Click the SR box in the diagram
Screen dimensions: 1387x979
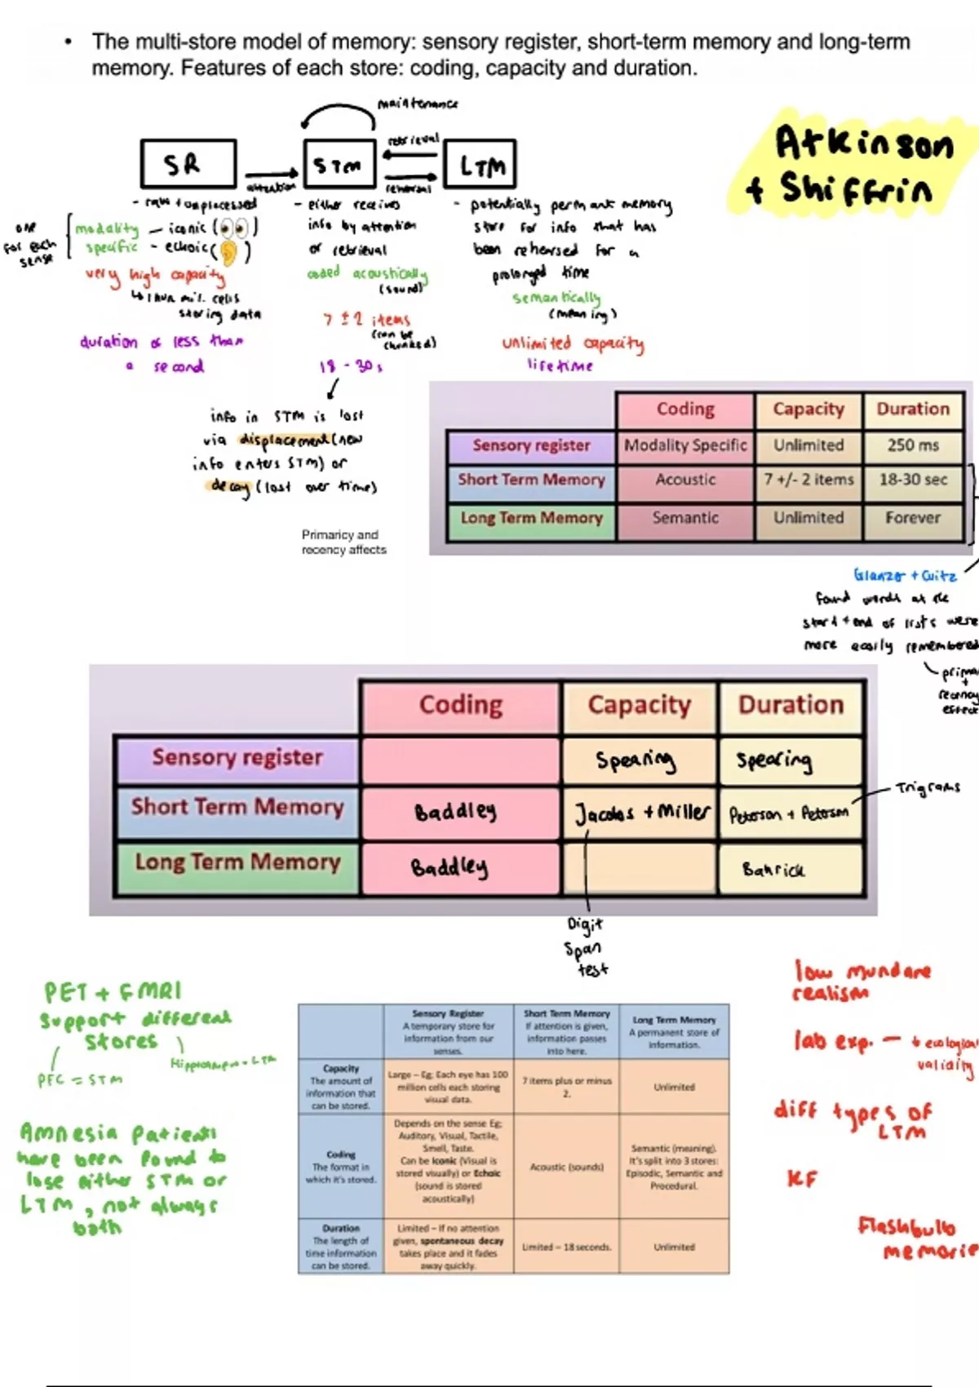coord(188,163)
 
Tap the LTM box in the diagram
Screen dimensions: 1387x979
coord(480,166)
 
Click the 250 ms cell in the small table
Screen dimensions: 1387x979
coord(913,445)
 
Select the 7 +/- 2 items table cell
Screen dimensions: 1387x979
coord(808,480)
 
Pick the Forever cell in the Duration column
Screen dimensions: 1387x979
coord(913,518)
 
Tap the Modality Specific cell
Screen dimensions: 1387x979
coord(685,445)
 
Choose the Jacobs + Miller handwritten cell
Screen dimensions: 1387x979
coord(641,813)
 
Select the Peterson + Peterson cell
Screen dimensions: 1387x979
coord(788,814)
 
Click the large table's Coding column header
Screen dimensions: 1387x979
coord(461,705)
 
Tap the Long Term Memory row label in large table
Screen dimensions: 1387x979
coord(237,862)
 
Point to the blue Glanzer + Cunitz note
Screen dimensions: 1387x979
coord(905,575)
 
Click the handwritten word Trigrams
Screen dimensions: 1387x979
coord(928,788)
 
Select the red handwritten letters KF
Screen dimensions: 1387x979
coord(801,1179)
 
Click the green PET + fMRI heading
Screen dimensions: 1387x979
coord(113,992)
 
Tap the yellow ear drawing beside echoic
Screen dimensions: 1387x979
coord(228,251)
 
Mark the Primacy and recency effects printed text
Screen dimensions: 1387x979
coord(343,543)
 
